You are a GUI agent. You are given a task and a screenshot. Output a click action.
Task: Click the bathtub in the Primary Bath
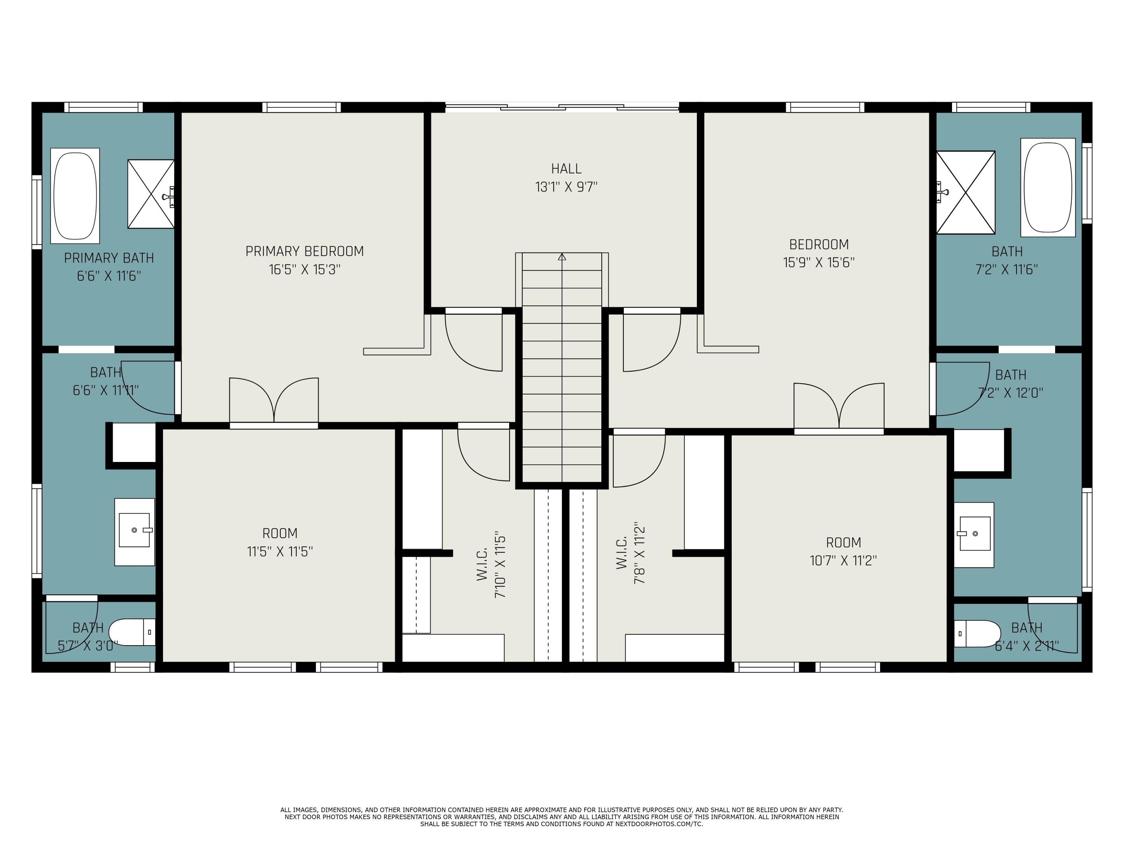click(x=75, y=196)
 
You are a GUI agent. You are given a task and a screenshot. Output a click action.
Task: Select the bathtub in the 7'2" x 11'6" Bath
click(x=1048, y=187)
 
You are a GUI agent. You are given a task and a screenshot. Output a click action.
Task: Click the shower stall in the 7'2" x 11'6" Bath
click(x=966, y=193)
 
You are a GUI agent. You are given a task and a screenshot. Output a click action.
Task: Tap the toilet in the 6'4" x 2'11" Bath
click(x=976, y=633)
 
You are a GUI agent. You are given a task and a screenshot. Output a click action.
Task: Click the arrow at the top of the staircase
click(x=562, y=257)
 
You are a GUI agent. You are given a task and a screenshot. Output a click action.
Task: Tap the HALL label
click(x=566, y=169)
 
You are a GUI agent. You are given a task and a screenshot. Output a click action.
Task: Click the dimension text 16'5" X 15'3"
click(x=304, y=269)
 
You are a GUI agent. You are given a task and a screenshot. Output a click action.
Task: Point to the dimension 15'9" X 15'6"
click(x=819, y=263)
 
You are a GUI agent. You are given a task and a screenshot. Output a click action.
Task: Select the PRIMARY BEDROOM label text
click(x=304, y=251)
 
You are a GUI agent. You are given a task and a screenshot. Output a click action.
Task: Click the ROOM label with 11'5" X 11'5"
click(x=280, y=534)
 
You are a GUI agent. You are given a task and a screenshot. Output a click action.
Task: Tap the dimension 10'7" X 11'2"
click(x=843, y=561)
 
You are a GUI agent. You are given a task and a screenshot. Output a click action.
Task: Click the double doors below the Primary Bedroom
click(x=274, y=401)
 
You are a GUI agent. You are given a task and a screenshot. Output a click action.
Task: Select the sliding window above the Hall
click(x=562, y=107)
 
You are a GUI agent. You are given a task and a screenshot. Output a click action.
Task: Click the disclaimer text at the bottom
click(x=562, y=817)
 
